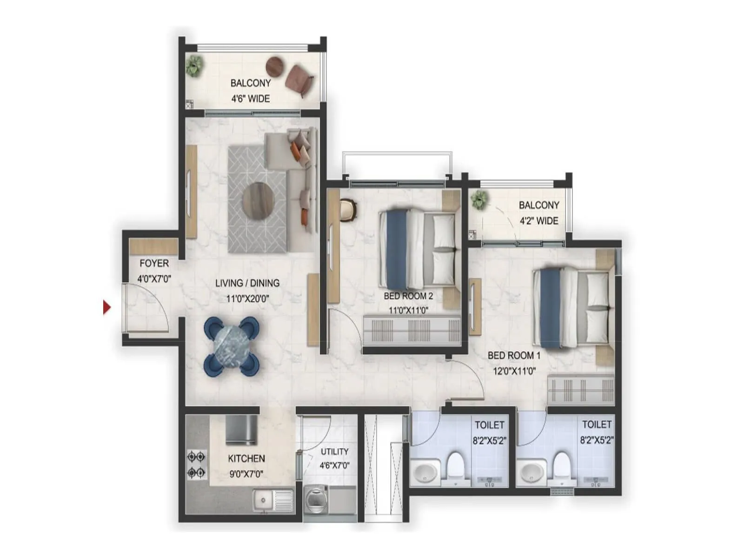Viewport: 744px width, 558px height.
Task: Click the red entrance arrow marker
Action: pyautogui.click(x=107, y=307)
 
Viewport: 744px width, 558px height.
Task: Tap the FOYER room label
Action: pyautogui.click(x=154, y=263)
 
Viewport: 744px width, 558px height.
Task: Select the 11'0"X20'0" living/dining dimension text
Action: pyautogui.click(x=247, y=299)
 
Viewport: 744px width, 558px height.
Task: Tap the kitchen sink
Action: pyautogui.click(x=273, y=500)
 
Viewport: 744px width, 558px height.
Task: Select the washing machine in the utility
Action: pyautogui.click(x=316, y=499)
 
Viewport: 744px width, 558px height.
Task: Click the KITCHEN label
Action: pyautogui.click(x=246, y=458)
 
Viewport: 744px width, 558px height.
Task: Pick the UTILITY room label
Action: pyautogui.click(x=334, y=452)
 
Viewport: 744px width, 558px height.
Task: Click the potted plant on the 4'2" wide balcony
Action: pyautogui.click(x=479, y=199)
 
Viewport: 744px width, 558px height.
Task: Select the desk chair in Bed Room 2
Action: pyautogui.click(x=348, y=210)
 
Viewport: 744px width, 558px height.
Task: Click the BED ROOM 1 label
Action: pyautogui.click(x=514, y=355)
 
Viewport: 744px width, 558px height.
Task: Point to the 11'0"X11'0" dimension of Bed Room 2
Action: pyautogui.click(x=408, y=310)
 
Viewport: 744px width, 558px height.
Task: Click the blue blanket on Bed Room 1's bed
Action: pyautogui.click(x=550, y=308)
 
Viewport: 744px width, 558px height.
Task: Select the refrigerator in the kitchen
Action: pyautogui.click(x=241, y=429)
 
